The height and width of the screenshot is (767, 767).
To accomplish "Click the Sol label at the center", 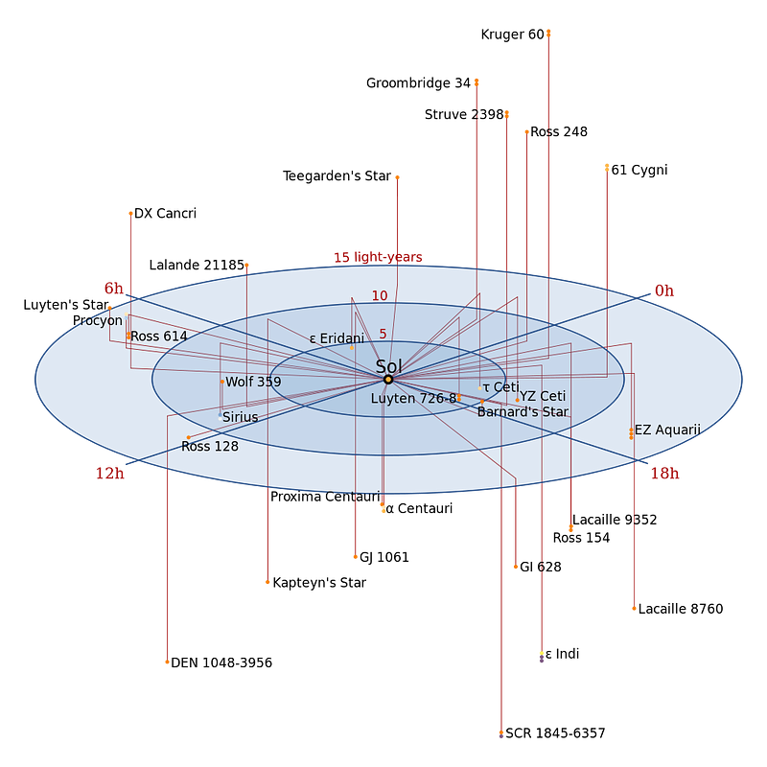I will click(x=388, y=366).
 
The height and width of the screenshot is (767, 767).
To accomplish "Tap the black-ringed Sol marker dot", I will click(x=388, y=380).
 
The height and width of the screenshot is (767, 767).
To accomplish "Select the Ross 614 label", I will click(x=159, y=337).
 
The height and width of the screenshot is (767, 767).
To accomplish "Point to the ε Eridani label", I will click(x=337, y=338).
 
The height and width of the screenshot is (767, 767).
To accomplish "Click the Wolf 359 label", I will click(x=253, y=382).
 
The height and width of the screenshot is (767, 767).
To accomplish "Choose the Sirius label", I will click(x=241, y=417).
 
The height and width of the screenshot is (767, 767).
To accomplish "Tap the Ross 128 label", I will click(x=210, y=447).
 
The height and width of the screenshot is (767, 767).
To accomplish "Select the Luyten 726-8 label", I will click(x=413, y=398).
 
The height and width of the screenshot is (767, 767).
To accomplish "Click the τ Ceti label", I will click(x=501, y=387).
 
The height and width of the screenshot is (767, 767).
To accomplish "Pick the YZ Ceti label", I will click(x=543, y=396).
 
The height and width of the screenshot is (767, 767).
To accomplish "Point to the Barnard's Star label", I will click(x=523, y=412).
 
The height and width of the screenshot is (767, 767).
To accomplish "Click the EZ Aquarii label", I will click(x=667, y=430).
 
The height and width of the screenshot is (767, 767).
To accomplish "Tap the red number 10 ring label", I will click(x=380, y=296).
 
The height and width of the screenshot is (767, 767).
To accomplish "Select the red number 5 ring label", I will click(x=383, y=335).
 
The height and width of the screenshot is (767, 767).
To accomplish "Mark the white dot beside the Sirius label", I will click(x=220, y=419).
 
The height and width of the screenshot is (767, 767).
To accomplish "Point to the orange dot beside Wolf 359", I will click(x=221, y=382).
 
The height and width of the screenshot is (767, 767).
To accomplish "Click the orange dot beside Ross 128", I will click(x=188, y=438).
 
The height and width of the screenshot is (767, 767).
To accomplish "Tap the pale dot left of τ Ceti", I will click(x=480, y=388).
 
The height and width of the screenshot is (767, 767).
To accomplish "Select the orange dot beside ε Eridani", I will click(x=352, y=348).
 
